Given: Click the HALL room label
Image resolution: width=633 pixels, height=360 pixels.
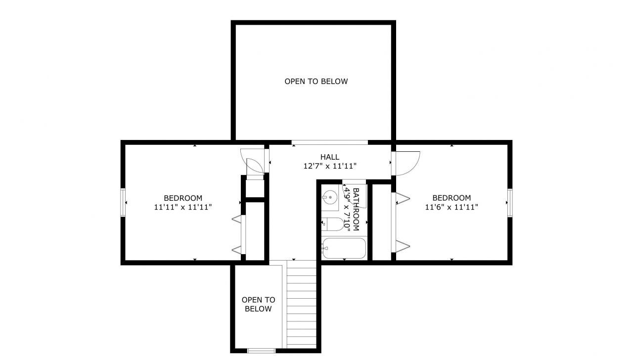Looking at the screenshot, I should coord(329,157).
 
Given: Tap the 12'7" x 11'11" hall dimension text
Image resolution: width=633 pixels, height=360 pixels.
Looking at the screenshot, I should coord(330,167).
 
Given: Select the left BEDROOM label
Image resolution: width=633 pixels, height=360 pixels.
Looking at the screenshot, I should coord(183,198).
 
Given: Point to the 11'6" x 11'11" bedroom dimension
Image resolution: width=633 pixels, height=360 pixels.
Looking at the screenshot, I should coord(452,207).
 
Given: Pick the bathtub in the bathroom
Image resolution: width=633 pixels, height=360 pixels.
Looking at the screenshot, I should coord(344,248).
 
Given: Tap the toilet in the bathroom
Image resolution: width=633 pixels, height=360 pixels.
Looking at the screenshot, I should coord(334,225).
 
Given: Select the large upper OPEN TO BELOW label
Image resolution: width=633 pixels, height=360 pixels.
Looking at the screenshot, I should coord(316,81).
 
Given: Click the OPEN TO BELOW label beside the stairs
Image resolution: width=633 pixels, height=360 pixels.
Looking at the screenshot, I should coord(258,304).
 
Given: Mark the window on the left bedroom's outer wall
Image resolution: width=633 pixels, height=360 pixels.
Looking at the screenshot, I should coord(123,202).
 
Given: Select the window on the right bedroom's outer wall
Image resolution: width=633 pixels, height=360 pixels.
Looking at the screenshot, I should coord(509,202).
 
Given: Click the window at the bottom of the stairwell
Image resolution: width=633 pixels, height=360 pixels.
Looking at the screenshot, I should coord(261,351).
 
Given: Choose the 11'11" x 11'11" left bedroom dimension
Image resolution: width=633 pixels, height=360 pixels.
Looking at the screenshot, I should coord(183,208).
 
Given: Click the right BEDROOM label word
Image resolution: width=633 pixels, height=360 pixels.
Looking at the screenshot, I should coord(452,198).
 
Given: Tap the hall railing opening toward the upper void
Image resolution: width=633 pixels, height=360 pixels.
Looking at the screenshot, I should coord(330,143).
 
